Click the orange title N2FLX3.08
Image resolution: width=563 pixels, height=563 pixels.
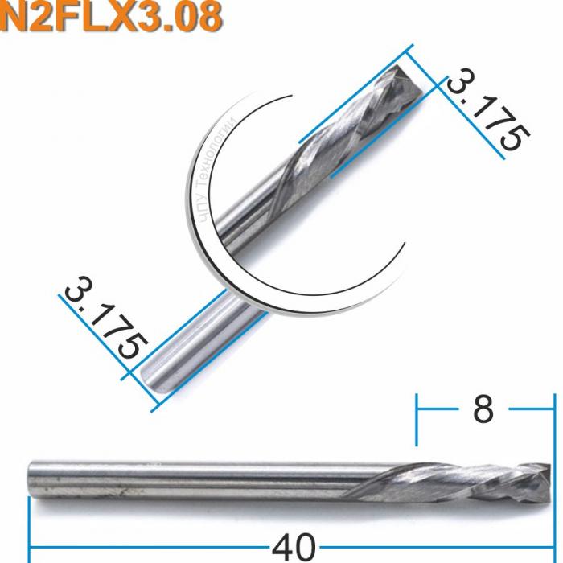click(x=111, y=18)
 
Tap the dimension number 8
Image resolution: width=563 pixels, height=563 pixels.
click(x=483, y=410)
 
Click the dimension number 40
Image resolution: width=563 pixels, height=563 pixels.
click(x=293, y=548)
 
